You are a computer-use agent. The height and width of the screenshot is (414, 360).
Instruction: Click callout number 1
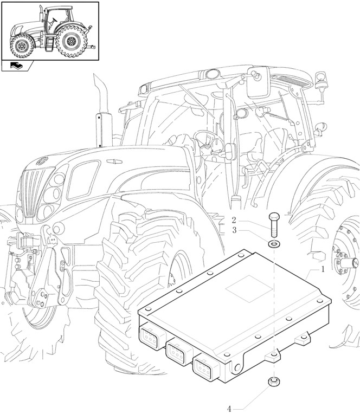[323, 269]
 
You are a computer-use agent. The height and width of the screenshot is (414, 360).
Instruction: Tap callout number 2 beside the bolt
[234, 221]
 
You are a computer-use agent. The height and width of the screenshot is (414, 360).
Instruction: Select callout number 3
[234, 230]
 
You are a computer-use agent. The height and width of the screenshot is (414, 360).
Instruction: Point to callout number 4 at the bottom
[229, 409]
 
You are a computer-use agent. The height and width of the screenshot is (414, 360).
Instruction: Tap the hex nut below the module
[274, 383]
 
